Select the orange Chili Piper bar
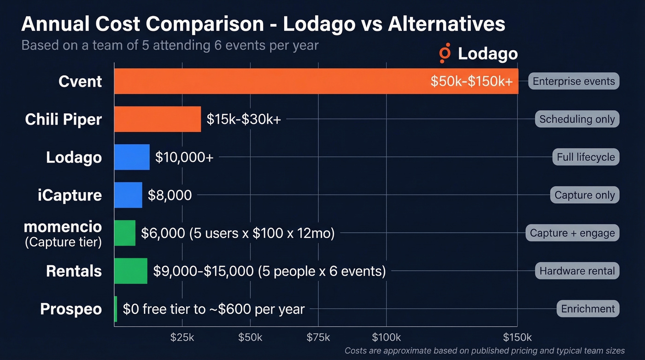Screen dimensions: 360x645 (158, 119)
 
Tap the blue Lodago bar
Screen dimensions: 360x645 (132, 157)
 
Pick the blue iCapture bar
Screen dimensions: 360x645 (128, 195)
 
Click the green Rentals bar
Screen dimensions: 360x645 (131, 271)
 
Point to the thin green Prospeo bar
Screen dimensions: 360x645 (116, 308)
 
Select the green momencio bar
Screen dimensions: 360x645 (125, 233)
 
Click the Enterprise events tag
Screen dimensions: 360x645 (574, 81)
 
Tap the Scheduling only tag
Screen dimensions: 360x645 (577, 119)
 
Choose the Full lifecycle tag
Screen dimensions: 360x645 (586, 157)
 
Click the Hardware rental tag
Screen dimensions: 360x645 (577, 271)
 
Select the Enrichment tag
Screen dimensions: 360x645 (588, 308)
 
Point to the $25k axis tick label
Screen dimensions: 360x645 (182, 337)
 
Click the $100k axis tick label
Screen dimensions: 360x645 (386, 337)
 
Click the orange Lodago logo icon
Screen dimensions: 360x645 (445, 54)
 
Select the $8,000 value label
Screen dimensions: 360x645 (170, 195)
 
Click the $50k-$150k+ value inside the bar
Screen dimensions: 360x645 (471, 82)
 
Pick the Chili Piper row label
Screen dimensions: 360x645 (64, 119)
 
